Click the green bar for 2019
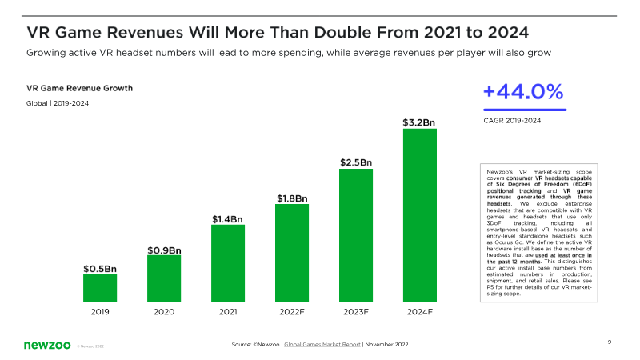click(100, 287)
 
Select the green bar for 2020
click(164, 278)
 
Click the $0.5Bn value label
click(100, 269)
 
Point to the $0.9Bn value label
click(164, 250)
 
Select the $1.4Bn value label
click(228, 218)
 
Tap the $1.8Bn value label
click(292, 198)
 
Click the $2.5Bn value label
click(356, 162)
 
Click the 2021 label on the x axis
click(228, 313)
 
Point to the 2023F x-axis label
click(356, 313)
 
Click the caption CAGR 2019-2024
click(512, 121)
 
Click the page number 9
click(610, 342)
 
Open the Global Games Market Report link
click(322, 344)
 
